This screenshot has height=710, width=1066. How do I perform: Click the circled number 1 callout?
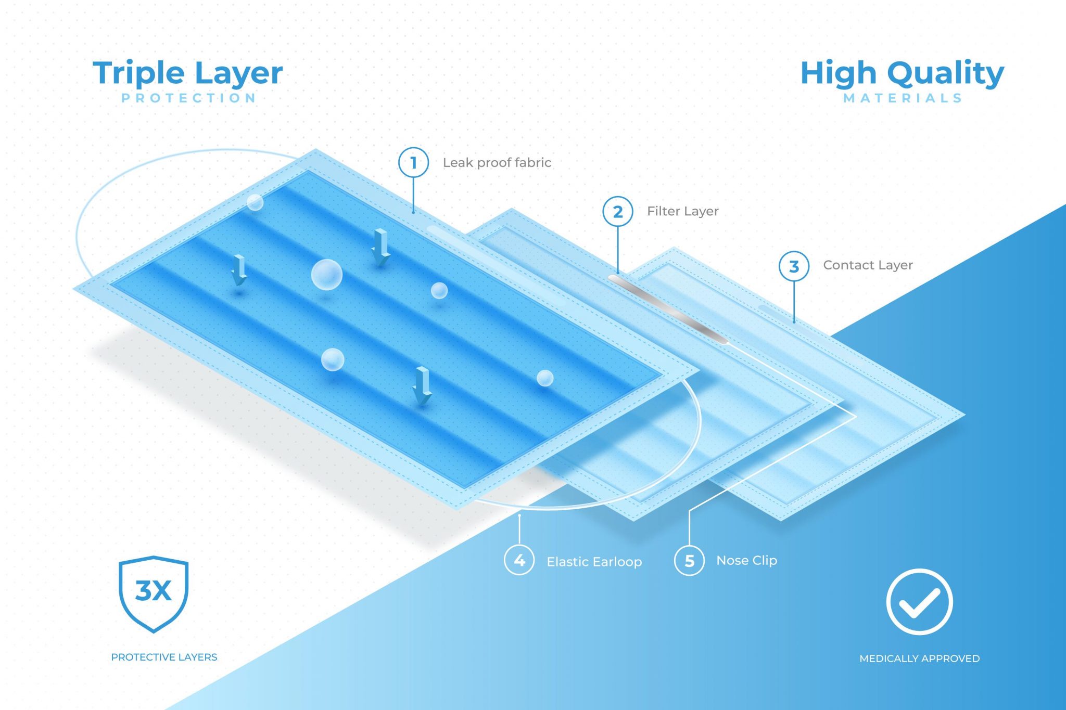(x=413, y=162)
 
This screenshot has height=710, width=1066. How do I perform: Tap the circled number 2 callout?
(x=617, y=211)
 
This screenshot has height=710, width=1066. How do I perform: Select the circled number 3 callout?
(x=793, y=266)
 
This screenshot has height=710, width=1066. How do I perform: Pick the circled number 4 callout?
(x=519, y=560)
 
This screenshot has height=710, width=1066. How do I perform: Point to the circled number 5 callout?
(x=689, y=560)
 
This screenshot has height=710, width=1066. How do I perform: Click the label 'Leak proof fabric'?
(x=497, y=163)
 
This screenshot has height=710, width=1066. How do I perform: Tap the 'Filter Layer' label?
(x=682, y=211)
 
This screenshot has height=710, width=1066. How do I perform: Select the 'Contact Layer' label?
(x=868, y=265)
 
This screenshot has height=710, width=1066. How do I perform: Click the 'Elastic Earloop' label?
(x=594, y=562)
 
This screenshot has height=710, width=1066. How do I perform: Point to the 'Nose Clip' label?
(x=746, y=560)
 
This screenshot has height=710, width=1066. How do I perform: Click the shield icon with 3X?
(x=154, y=593)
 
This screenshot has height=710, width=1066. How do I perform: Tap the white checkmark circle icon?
(x=919, y=602)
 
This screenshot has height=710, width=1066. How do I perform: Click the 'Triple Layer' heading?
(x=187, y=73)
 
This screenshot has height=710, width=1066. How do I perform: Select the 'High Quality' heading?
(x=902, y=73)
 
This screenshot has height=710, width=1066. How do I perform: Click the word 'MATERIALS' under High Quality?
(x=903, y=98)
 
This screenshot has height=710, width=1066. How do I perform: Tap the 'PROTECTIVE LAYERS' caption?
(x=164, y=657)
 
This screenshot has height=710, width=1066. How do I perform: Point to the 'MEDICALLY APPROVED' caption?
(x=919, y=659)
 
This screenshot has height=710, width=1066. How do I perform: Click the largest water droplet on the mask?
(x=326, y=274)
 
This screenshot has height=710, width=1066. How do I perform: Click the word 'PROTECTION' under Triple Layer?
(x=188, y=98)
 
